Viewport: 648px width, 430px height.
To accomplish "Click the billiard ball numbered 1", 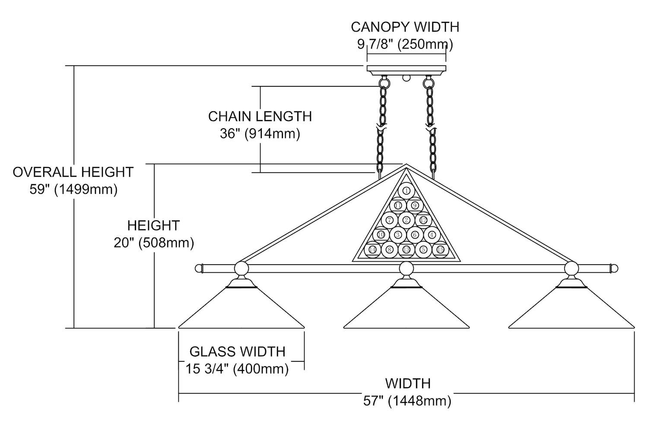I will click(x=406, y=190).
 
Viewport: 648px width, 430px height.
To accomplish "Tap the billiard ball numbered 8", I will click(x=389, y=250).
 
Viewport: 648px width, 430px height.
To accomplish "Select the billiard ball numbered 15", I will click(x=440, y=250).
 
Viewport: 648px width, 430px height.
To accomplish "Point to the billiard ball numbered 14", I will click(x=372, y=250).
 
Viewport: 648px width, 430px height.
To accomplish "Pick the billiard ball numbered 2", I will click(x=406, y=220).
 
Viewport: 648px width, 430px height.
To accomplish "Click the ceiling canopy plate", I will click(x=406, y=69).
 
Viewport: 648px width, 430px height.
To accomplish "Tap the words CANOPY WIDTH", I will click(x=405, y=27).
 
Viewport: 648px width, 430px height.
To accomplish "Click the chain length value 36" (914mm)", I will click(x=260, y=134).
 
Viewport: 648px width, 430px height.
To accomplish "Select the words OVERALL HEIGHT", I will click(x=73, y=172).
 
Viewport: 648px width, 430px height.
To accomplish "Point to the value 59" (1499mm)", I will click(x=73, y=190).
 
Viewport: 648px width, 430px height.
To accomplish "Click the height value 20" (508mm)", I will click(x=154, y=243).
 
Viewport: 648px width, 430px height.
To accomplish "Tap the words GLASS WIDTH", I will click(x=237, y=351).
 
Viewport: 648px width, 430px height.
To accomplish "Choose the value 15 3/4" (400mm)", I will click(x=237, y=369).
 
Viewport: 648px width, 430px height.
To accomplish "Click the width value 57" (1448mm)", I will click(x=407, y=401).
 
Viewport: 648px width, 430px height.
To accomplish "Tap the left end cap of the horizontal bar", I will click(x=199, y=269).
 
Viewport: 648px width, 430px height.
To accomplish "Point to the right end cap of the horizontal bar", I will click(x=614, y=269).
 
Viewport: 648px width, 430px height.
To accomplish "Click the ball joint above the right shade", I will click(x=571, y=269).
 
